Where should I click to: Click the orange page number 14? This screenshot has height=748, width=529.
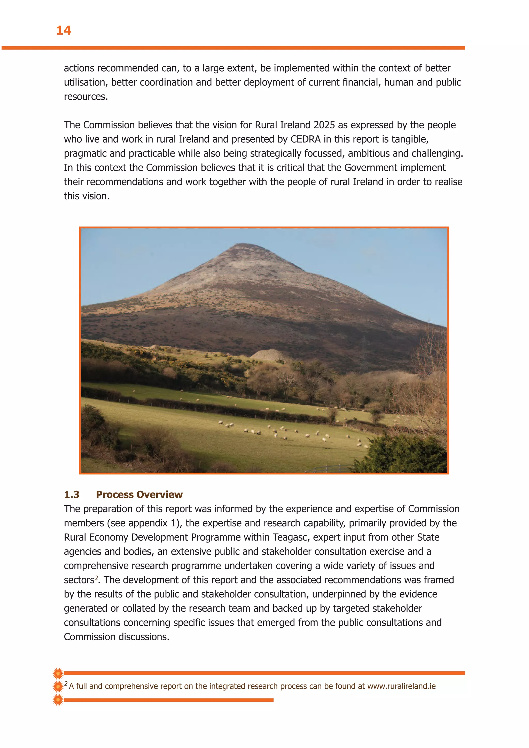(64, 31)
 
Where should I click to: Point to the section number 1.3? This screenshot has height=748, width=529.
(72, 495)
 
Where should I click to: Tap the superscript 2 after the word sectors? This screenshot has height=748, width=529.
(96, 577)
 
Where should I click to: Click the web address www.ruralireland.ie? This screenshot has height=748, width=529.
(401, 686)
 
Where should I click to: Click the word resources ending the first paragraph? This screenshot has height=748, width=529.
(85, 97)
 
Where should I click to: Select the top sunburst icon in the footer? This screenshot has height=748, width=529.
(58, 673)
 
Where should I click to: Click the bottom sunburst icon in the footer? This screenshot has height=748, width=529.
(58, 700)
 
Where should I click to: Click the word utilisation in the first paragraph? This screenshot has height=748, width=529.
(85, 82)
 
